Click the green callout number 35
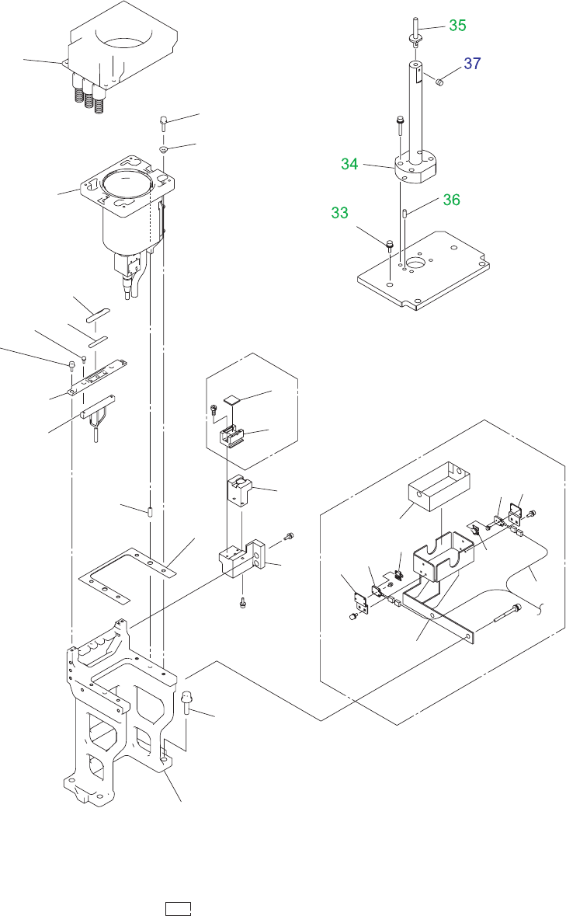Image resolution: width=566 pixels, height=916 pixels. [457, 26]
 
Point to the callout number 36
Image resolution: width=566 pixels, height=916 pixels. [451, 200]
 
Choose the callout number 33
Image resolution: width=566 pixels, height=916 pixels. [339, 212]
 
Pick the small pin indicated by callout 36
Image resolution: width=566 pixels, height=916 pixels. [405, 211]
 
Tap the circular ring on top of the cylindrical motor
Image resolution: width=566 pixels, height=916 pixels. [124, 186]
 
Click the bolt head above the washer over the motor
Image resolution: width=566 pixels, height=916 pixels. [165, 120]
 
